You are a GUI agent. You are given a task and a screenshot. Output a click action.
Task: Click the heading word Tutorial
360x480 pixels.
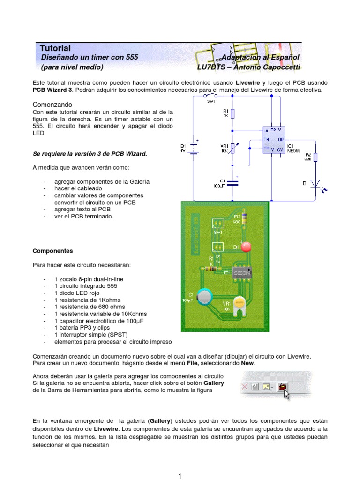click(55, 48)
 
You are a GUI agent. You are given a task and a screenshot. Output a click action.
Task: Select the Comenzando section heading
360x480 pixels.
click(52, 105)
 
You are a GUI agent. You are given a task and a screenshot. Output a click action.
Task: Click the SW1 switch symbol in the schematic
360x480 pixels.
click(210, 95)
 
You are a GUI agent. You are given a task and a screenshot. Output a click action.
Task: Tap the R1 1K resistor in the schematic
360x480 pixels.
click(233, 113)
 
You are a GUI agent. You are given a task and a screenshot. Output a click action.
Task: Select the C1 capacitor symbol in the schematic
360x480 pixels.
click(233, 182)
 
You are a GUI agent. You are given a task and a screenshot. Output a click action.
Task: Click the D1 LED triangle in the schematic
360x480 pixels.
click(316, 183)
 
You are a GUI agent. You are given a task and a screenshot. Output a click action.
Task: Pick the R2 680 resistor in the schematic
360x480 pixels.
click(316, 158)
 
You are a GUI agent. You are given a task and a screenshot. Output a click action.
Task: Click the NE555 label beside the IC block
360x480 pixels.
click(294, 151)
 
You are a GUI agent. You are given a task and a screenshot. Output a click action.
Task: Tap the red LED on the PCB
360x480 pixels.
click(246, 247)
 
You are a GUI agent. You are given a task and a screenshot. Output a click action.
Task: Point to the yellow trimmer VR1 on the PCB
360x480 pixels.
click(240, 304)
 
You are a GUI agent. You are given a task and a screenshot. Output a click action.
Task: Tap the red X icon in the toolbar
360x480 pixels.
click(244, 387)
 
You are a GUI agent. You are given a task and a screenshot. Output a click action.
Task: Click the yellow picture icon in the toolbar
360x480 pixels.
click(267, 387)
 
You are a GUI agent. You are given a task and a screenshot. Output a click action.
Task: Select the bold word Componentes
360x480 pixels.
click(52, 251)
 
